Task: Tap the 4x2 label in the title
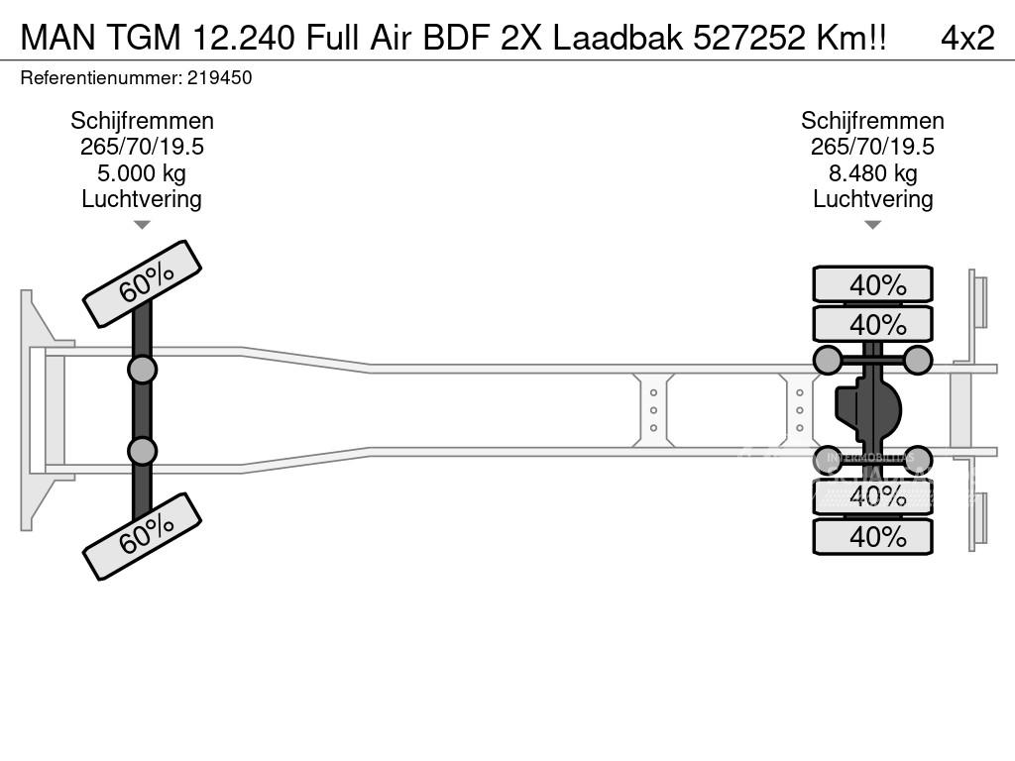tap(966, 38)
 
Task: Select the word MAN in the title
tap(59, 38)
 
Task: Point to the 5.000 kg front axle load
tap(142, 173)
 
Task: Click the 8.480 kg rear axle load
tap(872, 173)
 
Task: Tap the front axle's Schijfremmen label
tap(142, 121)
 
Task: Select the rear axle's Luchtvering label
tap(872, 199)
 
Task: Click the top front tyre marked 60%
tap(142, 283)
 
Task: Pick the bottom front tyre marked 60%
tap(142, 537)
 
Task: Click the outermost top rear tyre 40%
tap(872, 285)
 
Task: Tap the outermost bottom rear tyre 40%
tap(872, 537)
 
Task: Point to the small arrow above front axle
tap(142, 225)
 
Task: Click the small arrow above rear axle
tap(872, 225)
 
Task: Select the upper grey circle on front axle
tap(142, 370)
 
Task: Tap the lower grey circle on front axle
tap(142, 451)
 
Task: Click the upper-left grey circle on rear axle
tap(828, 360)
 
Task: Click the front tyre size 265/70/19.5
tap(142, 147)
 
